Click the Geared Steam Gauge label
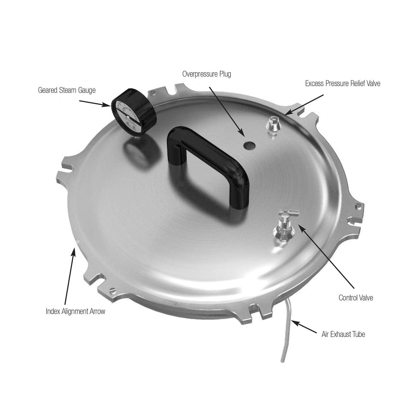click(67, 90)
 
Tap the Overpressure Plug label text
click(206, 74)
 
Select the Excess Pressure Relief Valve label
click(342, 83)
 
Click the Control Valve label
click(356, 298)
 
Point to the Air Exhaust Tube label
click(343, 334)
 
